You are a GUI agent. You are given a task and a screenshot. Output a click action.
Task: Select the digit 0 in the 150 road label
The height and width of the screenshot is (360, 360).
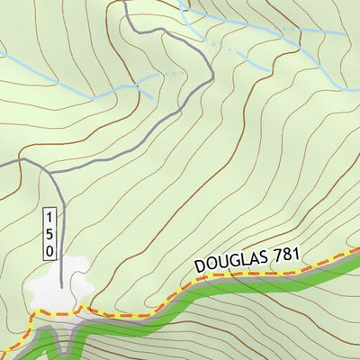51,250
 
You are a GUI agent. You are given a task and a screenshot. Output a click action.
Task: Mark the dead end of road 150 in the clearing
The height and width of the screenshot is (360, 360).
61,286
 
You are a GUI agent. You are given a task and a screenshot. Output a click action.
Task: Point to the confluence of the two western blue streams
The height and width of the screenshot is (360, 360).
137,86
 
